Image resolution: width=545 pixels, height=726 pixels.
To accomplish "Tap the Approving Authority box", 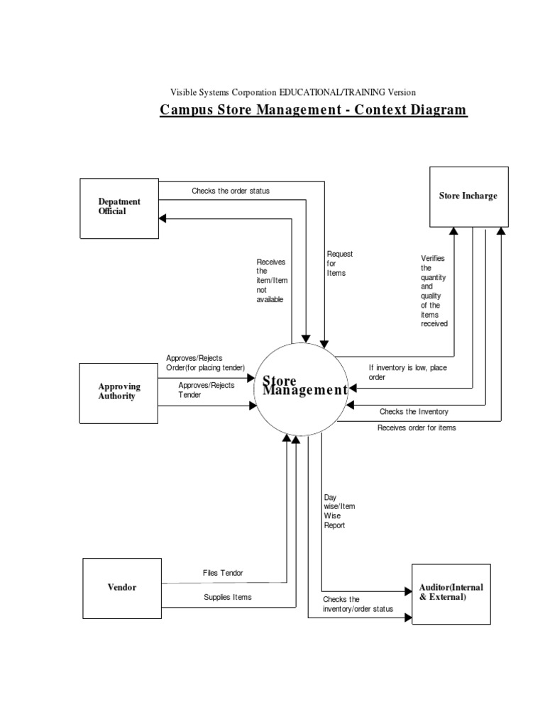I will pos(119,392).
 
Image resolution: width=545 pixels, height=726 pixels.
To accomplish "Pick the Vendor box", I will pos(122,587).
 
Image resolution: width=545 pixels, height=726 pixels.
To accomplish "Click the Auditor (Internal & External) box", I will pos(450,593).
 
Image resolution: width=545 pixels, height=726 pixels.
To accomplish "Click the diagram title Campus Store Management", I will pos(313,110).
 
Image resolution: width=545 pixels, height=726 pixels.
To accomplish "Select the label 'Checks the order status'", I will pos(231,191).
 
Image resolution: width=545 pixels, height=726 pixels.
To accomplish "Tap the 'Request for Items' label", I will pos(339,263).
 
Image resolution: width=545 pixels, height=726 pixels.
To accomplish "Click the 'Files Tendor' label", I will pos(223,573).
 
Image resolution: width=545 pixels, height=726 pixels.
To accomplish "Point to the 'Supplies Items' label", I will pos(227,597).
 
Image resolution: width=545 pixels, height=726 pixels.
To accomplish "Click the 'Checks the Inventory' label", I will pos(414,411).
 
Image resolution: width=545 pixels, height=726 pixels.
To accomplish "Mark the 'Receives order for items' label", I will pos(417,428).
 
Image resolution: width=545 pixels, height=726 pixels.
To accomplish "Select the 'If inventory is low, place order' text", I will pos(407,372).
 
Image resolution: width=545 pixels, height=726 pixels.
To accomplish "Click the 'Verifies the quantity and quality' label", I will pos(434,291).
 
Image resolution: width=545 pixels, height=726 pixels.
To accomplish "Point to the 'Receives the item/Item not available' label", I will pos(270,281).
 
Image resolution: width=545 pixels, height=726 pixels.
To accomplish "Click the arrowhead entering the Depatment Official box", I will pos(163,219).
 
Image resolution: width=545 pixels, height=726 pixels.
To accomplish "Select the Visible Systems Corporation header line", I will pos(292,92).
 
